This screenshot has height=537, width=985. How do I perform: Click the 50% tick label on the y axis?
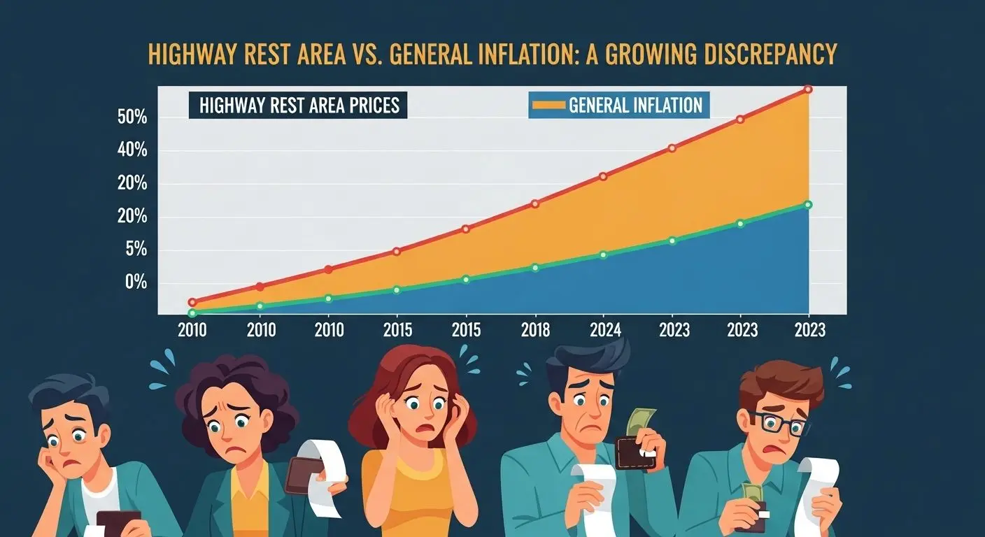[132, 117]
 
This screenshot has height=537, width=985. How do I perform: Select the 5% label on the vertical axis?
[132, 249]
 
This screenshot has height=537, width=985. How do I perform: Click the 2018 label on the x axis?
[535, 329]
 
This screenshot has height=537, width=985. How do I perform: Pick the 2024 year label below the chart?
[604, 329]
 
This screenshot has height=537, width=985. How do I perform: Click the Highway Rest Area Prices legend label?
[299, 106]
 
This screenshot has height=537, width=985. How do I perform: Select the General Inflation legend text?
[635, 106]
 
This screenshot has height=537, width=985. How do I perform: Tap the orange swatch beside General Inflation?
[548, 106]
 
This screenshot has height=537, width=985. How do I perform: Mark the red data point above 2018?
[535, 203]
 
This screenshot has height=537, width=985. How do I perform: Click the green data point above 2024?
[604, 255]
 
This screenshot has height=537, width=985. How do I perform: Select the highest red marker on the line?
[808, 89]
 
